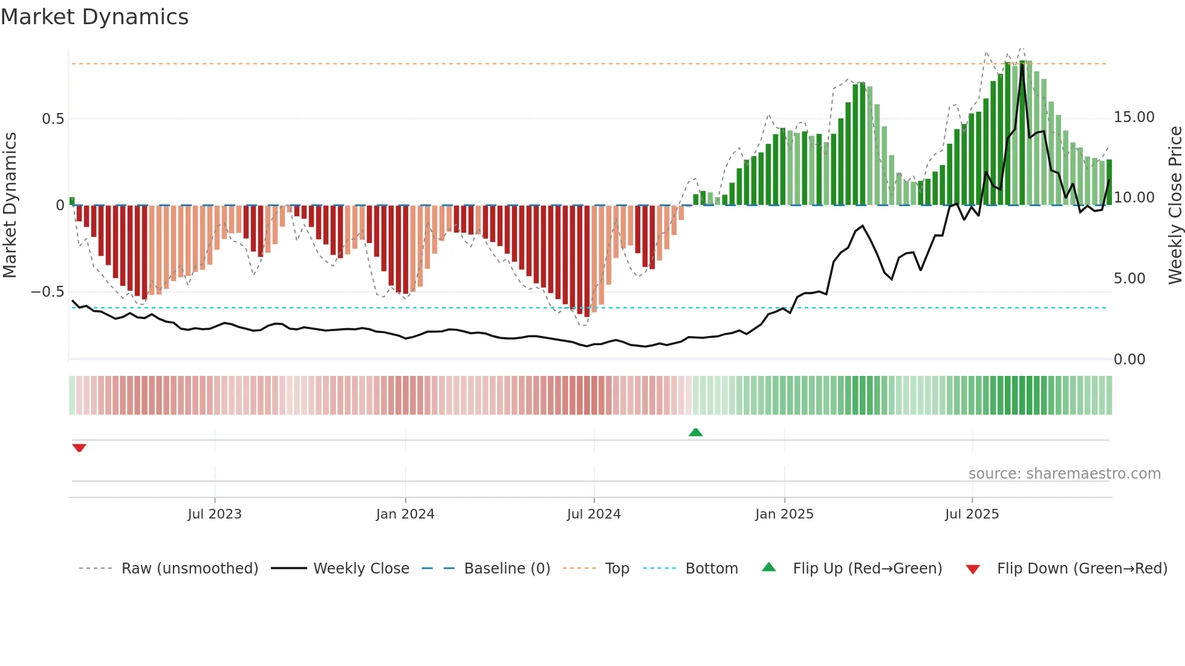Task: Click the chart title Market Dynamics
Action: (94, 17)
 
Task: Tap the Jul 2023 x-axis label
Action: (215, 514)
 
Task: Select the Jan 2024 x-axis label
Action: (405, 514)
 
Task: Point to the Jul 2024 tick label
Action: (594, 514)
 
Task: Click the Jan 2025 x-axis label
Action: (784, 514)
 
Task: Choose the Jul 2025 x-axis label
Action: (972, 514)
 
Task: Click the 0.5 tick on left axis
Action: (53, 119)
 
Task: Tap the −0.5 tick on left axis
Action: (47, 292)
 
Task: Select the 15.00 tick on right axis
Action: (1134, 117)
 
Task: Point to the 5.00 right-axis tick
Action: (1129, 279)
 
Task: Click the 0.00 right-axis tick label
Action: (1129, 360)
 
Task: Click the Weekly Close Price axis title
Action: (1175, 205)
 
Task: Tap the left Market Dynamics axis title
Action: (10, 205)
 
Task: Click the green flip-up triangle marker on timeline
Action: (696, 432)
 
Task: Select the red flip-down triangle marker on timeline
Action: (79, 448)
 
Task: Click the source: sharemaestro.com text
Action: (1064, 474)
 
